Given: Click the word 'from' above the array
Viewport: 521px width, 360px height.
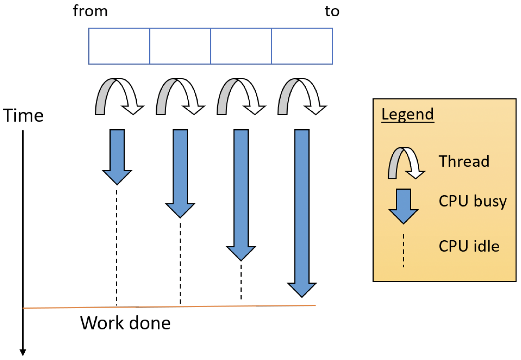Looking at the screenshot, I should pyautogui.click(x=90, y=11).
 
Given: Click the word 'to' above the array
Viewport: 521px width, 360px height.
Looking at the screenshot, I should pyautogui.click(x=332, y=11).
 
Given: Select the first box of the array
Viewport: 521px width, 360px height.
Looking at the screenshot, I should pyautogui.click(x=119, y=46).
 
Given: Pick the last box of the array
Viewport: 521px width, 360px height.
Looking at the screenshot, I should pyautogui.click(x=302, y=46).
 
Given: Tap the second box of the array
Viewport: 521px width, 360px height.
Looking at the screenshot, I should pyautogui.click(x=180, y=46).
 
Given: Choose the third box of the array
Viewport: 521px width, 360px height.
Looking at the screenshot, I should pyautogui.click(x=241, y=46).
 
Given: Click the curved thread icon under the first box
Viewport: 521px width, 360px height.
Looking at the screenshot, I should pyautogui.click(x=119, y=97).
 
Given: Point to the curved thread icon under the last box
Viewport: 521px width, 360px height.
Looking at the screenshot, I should pyautogui.click(x=302, y=97).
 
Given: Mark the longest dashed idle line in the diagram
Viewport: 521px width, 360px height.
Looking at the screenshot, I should pyautogui.click(x=116, y=247).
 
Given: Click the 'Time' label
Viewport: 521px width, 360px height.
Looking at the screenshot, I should pyautogui.click(x=23, y=116).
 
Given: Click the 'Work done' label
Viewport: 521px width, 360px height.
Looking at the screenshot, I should pyautogui.click(x=125, y=323).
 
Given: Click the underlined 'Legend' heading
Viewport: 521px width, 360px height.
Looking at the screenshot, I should pyautogui.click(x=407, y=114).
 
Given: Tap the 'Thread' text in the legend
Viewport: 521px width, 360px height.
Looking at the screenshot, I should pyautogui.click(x=464, y=161).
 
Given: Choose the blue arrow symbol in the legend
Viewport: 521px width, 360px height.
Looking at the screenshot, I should pyautogui.click(x=403, y=206).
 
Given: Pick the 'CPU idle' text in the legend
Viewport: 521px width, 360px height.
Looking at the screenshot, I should pyautogui.click(x=469, y=246).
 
